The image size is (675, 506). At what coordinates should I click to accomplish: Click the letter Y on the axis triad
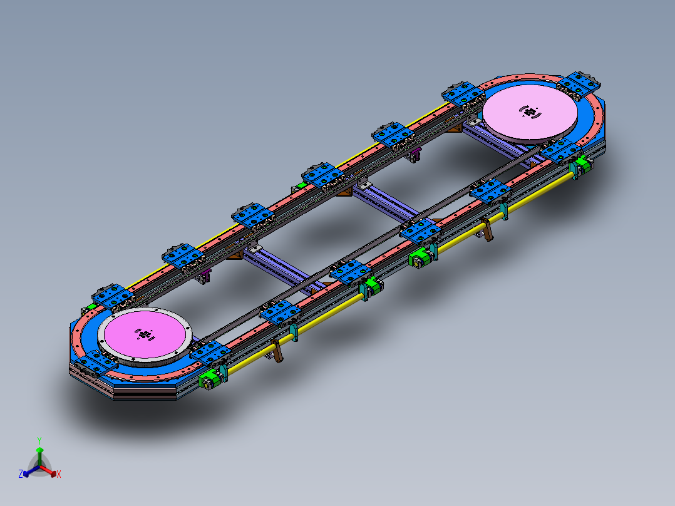tap(39, 440)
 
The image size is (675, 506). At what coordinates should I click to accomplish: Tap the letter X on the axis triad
tap(59, 474)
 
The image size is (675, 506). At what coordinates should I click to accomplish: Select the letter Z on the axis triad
tap(20, 474)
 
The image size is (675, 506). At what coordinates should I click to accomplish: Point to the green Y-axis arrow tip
tap(39, 449)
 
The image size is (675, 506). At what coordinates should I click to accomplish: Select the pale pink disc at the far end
tap(530, 112)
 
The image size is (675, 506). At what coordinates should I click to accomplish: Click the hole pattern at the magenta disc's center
tap(145, 334)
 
